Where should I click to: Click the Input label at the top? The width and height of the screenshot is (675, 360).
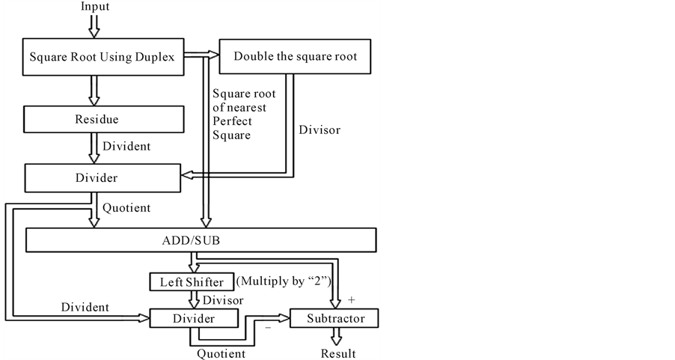tap(94, 7)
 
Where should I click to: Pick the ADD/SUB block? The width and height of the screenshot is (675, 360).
tap(201, 240)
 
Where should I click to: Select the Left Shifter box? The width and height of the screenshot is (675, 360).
tap(192, 283)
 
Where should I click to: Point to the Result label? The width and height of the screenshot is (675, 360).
tap(337, 353)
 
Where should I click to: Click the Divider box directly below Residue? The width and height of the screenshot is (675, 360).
tap(102, 178)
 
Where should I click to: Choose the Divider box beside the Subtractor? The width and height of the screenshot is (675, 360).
tap(194, 319)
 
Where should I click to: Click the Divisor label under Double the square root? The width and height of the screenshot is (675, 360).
tap(320, 130)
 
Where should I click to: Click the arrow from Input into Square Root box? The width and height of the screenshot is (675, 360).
tap(94, 25)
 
